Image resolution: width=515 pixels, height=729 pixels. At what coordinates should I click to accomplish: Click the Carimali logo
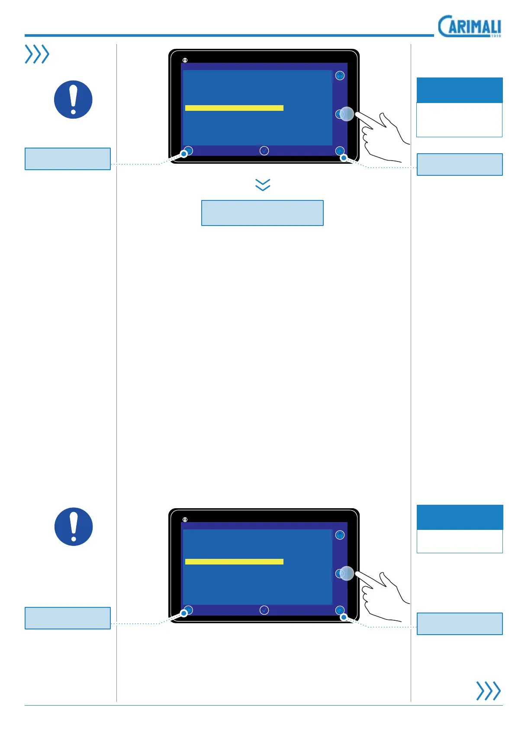(x=470, y=27)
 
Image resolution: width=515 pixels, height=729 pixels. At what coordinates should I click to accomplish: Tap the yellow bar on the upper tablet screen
(x=234, y=108)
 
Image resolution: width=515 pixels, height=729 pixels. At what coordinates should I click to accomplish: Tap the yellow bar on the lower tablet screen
(x=234, y=561)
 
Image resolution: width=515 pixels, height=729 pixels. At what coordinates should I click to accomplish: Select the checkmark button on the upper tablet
(x=264, y=151)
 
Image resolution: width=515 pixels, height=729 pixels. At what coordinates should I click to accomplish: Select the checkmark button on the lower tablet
(x=264, y=610)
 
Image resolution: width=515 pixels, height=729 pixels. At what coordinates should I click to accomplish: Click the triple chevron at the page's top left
(x=37, y=54)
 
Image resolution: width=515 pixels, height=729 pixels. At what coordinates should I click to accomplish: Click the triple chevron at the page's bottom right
(x=488, y=690)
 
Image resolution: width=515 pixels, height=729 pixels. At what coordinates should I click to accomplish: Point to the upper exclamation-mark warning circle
(x=73, y=100)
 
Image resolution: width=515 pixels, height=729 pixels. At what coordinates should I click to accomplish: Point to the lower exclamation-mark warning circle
(x=74, y=526)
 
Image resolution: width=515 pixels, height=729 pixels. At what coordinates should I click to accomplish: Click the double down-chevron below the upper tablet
(x=263, y=185)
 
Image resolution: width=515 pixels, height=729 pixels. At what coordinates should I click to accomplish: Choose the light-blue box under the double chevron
(x=262, y=213)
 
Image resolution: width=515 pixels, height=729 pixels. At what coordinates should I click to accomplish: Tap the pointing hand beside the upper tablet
(x=383, y=134)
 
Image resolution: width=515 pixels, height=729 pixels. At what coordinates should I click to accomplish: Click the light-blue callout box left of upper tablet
(x=68, y=159)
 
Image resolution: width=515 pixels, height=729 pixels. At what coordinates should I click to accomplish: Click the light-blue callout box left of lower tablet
(x=68, y=618)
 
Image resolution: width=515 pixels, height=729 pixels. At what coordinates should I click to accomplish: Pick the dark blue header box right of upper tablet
(x=459, y=90)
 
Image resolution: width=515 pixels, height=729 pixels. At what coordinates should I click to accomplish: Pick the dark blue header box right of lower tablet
(x=459, y=517)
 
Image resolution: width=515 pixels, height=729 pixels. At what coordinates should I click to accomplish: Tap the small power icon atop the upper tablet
(x=185, y=60)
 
